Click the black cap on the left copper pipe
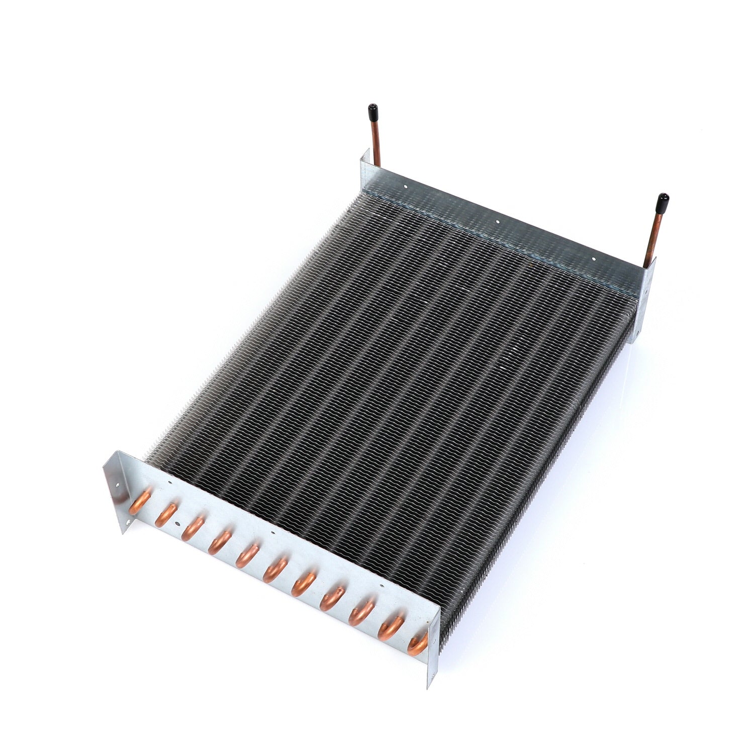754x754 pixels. coord(372,109)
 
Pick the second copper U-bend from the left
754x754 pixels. coord(165,515)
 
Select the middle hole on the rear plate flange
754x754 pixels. coord(497,221)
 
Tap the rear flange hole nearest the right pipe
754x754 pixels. coord(594,259)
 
